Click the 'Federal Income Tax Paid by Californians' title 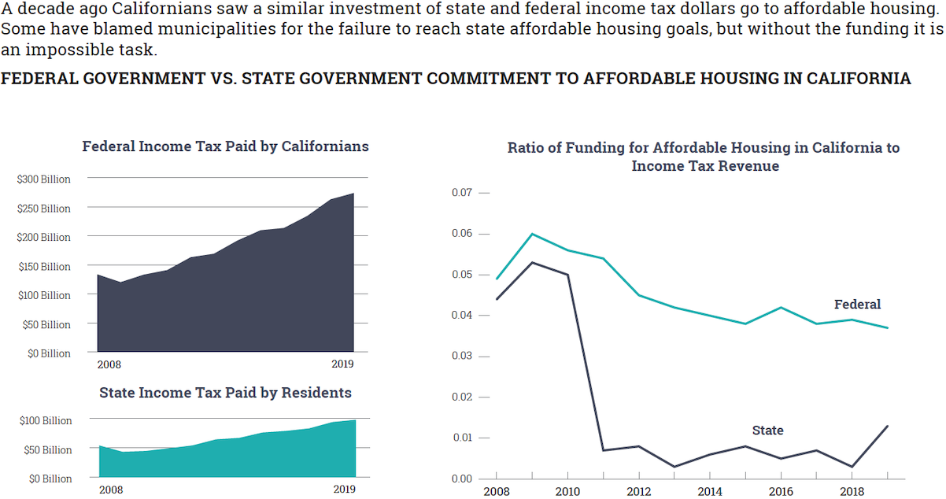point(225,146)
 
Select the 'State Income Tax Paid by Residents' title point(225,392)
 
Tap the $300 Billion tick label point(44,179)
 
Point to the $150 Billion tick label point(44,266)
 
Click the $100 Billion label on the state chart point(45,421)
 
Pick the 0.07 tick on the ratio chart point(461,193)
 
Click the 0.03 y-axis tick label point(461,357)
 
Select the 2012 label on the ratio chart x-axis point(638,492)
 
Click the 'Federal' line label point(857,305)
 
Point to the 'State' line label point(767,431)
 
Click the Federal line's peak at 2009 point(532,234)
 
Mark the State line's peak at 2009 point(532,262)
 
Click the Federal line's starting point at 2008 point(497,279)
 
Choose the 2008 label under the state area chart point(110,490)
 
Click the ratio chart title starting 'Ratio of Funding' point(704,157)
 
